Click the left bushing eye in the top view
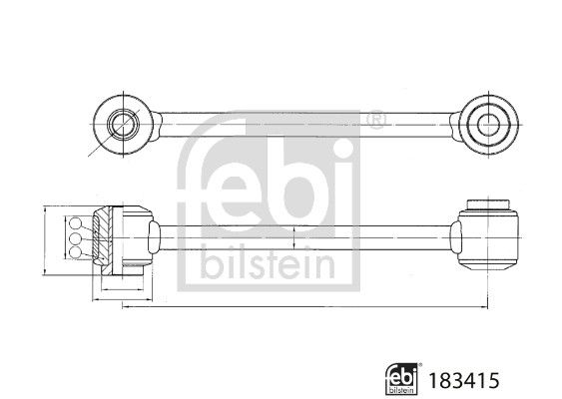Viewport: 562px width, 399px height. point(122,125)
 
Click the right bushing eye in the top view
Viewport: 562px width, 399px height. point(487,125)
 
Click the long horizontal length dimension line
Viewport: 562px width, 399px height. point(299,305)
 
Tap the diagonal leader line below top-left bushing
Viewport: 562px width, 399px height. point(95,149)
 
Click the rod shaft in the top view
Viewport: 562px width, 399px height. point(299,125)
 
